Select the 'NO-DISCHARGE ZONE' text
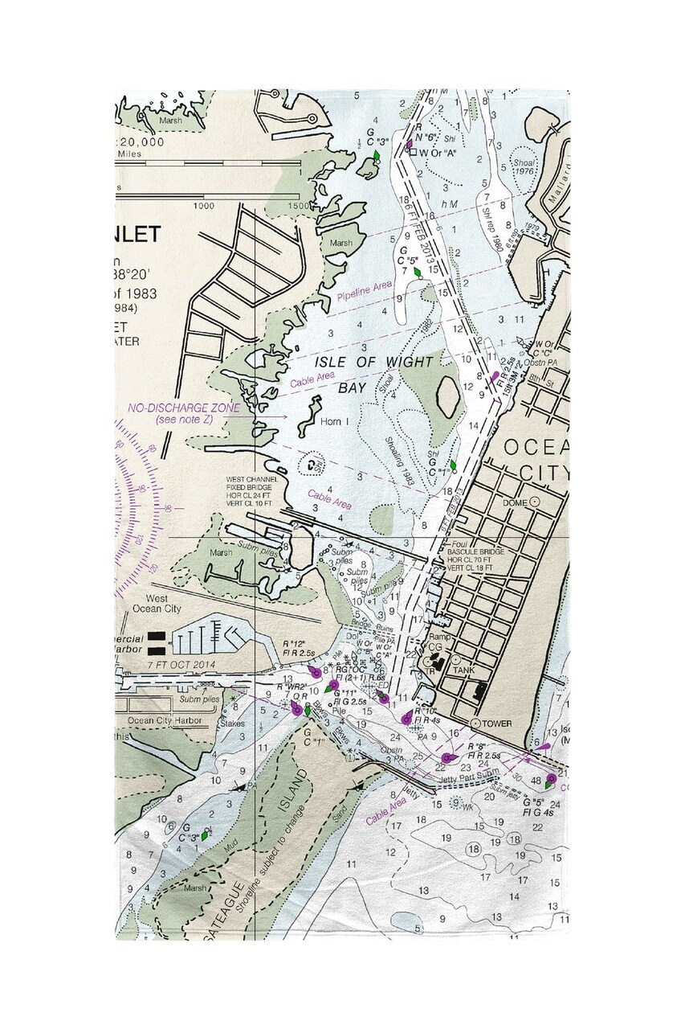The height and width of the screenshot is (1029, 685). point(184,408)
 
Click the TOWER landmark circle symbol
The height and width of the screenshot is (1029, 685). point(475,724)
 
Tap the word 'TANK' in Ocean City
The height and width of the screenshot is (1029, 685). point(464,669)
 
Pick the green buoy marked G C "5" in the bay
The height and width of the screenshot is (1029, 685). point(417,273)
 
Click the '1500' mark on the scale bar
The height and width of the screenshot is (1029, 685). point(299,207)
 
